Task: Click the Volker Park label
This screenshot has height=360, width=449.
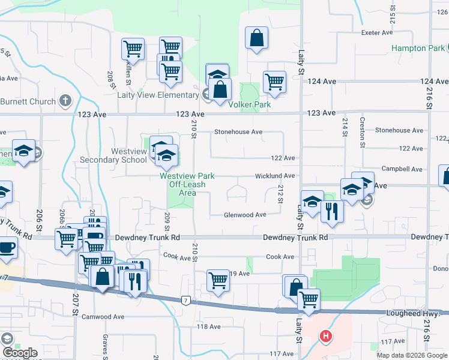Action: tap(249, 104)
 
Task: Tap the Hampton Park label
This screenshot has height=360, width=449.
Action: tap(418, 48)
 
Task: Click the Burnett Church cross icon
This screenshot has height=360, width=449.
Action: tap(65, 101)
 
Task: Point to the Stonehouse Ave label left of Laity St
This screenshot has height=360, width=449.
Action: tap(239, 132)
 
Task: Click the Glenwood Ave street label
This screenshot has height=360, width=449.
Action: tap(245, 215)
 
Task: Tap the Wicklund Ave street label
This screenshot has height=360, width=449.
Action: tap(274, 176)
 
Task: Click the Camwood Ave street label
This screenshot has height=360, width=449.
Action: tap(103, 316)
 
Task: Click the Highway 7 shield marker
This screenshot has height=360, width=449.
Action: tap(188, 300)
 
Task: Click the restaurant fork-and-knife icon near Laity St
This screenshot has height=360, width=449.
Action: tap(332, 211)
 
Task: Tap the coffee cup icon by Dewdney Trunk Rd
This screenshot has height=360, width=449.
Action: tap(7, 247)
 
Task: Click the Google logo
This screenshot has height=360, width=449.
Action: tap(19, 353)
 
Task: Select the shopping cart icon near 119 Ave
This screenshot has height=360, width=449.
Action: tap(218, 280)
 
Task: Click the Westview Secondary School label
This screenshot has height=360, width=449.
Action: tap(113, 155)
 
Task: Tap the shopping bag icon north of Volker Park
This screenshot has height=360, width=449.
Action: tap(256, 38)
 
